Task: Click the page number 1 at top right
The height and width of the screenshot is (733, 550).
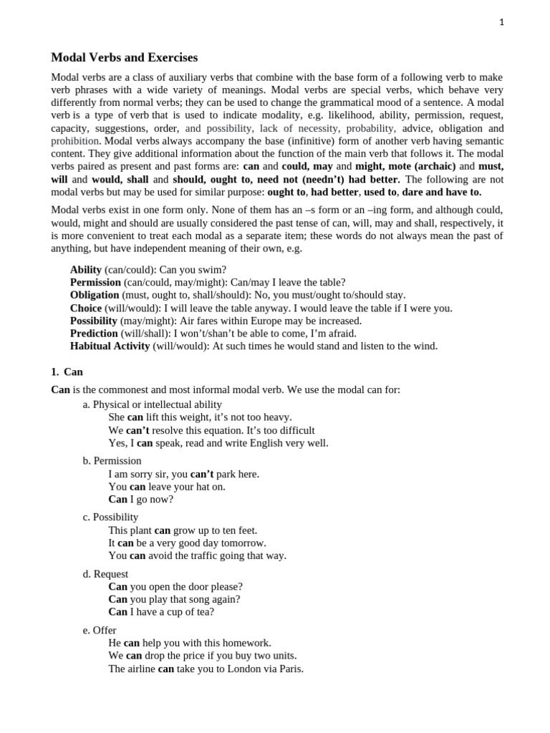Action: pos(502,22)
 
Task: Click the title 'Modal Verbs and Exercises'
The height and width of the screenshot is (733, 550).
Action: pos(125,57)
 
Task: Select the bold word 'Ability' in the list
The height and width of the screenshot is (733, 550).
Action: pos(85,270)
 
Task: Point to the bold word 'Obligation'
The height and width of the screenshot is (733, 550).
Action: pos(95,296)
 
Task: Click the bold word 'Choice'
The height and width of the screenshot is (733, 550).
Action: pos(86,309)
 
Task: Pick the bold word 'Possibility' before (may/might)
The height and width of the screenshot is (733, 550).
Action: pos(93,321)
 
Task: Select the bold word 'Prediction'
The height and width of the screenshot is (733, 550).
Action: pos(94,334)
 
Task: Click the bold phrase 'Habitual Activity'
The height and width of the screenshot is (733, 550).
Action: pos(110,346)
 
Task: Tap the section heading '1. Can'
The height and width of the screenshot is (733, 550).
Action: pos(67,372)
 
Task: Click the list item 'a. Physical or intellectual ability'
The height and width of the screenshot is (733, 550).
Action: pos(153,404)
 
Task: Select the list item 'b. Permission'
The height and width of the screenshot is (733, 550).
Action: pos(112,461)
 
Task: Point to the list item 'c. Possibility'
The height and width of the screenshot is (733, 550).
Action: pos(111,518)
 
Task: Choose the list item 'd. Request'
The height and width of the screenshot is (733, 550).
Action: pos(106,574)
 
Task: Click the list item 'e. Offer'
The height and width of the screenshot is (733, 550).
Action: pos(100,631)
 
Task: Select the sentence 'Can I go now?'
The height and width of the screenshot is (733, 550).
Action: pos(141,500)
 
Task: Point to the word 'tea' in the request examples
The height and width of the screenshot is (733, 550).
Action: pos(205,613)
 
